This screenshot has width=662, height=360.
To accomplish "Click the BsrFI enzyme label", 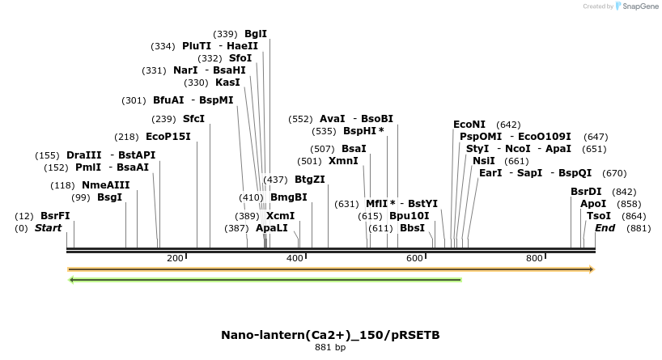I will click(x=55, y=216).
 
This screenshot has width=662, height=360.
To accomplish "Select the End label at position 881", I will click(x=605, y=228).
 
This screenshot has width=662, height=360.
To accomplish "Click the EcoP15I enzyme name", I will click(x=168, y=137).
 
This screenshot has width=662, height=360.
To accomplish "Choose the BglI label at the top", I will click(x=256, y=34).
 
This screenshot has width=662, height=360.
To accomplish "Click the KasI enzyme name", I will click(x=227, y=83).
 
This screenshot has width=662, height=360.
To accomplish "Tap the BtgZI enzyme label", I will click(x=310, y=180).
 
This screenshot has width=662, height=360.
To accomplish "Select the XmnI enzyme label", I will click(x=343, y=161).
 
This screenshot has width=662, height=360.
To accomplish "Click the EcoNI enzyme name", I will click(x=469, y=125).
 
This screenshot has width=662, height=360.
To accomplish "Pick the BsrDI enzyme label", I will click(x=586, y=192).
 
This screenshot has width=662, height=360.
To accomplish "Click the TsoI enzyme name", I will click(x=599, y=216).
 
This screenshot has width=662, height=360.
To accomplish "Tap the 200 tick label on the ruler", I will click(x=175, y=258).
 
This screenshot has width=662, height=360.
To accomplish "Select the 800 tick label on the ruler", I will click(x=534, y=258).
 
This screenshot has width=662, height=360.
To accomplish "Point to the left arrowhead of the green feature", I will click(x=72, y=280).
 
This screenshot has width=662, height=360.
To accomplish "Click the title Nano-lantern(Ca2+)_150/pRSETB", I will click(x=330, y=335).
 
